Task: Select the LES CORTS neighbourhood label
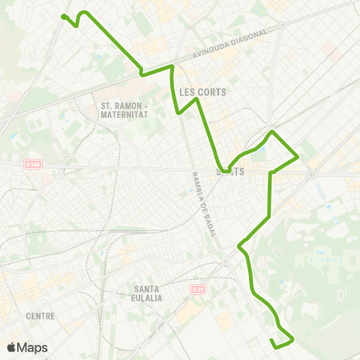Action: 203,92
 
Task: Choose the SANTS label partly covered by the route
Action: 232,171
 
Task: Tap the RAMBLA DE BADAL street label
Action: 203,205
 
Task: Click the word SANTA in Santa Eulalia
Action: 145,289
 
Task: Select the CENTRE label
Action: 40,316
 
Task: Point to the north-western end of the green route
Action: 63,16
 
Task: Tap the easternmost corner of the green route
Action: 298,157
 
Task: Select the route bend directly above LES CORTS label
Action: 173,67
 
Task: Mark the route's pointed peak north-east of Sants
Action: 273,132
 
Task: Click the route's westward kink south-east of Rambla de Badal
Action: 239,245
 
